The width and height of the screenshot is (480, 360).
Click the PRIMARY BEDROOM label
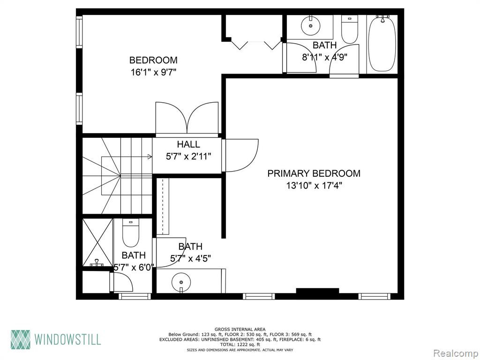coord(314,173)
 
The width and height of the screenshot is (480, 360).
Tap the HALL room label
coord(188,144)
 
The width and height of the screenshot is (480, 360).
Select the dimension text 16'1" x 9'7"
coord(153,72)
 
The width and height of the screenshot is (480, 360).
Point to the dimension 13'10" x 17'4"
coord(314,185)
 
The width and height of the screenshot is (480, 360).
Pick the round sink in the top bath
coord(310,26)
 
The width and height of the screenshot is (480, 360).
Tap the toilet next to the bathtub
coord(350,30)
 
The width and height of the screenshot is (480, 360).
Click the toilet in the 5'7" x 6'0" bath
coord(131,232)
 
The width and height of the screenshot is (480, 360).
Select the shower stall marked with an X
coord(97,242)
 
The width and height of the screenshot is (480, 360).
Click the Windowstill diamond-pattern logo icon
coord(21,339)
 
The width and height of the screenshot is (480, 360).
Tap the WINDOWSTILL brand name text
coord(67,340)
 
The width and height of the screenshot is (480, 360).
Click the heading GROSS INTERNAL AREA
coord(240,330)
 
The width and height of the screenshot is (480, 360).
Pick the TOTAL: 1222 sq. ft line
coord(240,345)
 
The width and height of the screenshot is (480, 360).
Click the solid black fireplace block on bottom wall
coord(317,291)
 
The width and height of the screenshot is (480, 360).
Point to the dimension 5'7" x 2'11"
coord(188,157)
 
